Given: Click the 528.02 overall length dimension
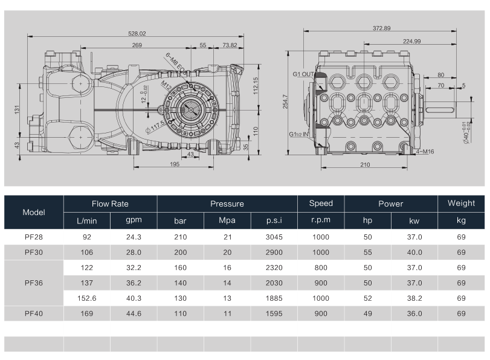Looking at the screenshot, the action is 137,33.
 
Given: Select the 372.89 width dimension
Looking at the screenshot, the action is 382,28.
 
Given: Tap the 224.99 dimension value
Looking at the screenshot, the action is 411,41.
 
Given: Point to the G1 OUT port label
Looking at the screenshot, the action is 303,74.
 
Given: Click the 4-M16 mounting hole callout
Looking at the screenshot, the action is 425,152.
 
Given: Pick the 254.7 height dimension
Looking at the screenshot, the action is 285,101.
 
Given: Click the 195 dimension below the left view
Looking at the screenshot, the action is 175,164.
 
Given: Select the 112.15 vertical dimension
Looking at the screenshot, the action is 256,86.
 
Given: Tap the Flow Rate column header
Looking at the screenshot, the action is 110,204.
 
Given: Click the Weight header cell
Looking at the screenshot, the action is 461,203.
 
